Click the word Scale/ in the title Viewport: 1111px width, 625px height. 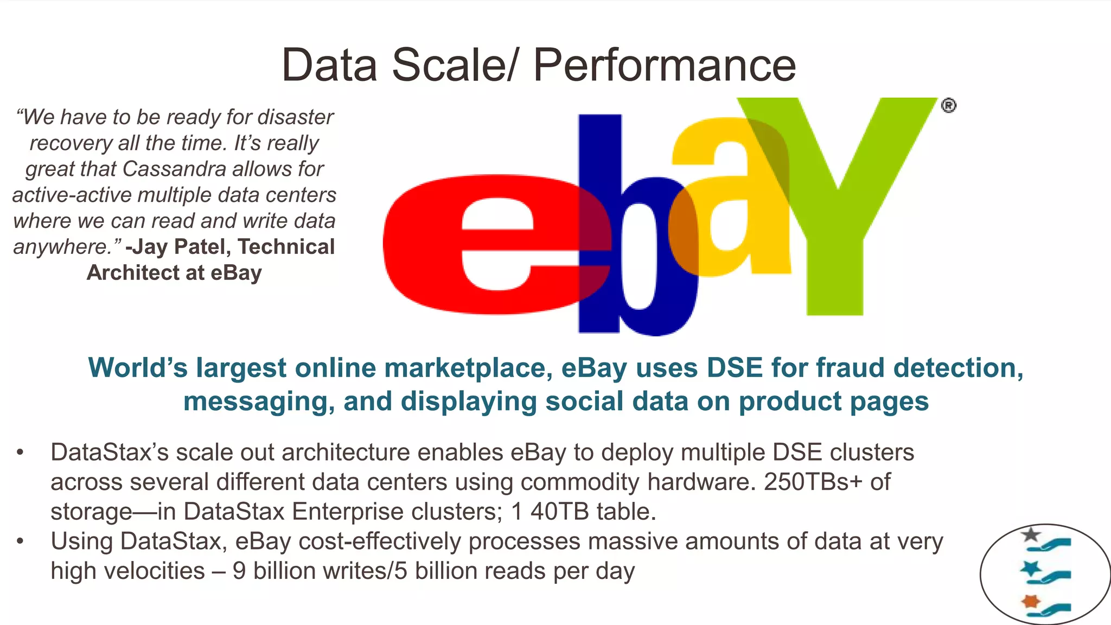[455, 65]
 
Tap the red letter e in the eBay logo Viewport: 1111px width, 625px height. [488, 244]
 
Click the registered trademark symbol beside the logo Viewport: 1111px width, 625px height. [948, 105]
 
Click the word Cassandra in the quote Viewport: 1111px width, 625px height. [174, 169]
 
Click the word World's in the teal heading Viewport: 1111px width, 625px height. [137, 368]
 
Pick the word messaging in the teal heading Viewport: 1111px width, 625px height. [259, 402]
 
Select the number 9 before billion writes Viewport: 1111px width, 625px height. [239, 571]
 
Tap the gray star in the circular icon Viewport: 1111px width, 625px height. [1030, 535]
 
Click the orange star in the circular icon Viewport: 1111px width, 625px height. [1030, 601]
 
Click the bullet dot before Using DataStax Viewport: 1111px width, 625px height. [21, 541]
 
